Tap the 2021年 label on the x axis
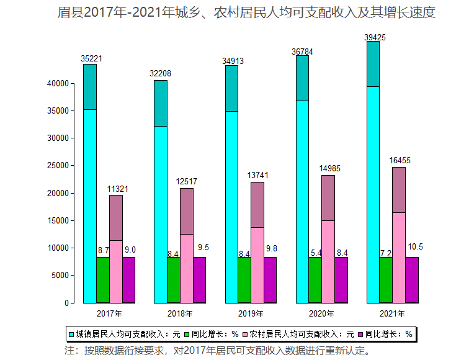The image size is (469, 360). click(x=393, y=313)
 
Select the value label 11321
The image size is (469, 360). click(x=118, y=189)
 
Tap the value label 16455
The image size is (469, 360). click(x=400, y=161)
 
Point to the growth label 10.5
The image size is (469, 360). click(x=415, y=247)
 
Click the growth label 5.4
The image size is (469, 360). click(x=315, y=253)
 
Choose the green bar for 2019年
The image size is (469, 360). click(x=244, y=280)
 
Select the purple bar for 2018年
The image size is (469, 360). click(x=199, y=280)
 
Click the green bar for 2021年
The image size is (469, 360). click(x=385, y=280)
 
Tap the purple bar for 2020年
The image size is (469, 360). click(x=341, y=280)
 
